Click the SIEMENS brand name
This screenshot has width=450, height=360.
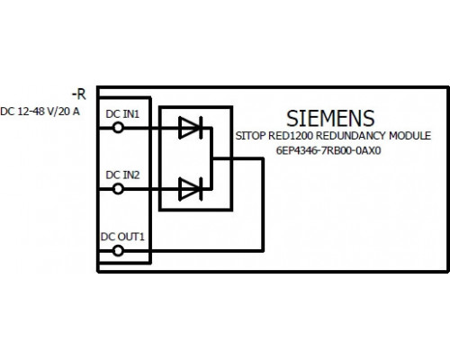[x=330, y=118]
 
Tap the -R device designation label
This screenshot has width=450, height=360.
[x=79, y=94]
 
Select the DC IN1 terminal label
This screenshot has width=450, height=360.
[x=122, y=114]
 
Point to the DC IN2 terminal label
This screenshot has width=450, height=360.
[x=122, y=175]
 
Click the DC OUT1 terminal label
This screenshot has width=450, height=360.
[x=122, y=237]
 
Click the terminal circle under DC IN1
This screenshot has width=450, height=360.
[x=118, y=128]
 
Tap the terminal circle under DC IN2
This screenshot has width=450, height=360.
[x=118, y=189]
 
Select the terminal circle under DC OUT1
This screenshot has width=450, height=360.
[x=118, y=250]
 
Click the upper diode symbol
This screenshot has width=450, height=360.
[x=191, y=128]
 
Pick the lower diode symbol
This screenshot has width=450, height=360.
[x=191, y=189]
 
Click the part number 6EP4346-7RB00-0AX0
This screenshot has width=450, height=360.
[x=328, y=150]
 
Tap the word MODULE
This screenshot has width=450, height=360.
[x=409, y=136]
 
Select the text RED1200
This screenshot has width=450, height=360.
[x=291, y=136]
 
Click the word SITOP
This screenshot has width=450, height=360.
[x=250, y=136]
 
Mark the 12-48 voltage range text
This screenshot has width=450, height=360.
[x=30, y=112]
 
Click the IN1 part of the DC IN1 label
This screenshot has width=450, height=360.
[x=130, y=114]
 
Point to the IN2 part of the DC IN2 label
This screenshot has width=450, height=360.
[x=130, y=175]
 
